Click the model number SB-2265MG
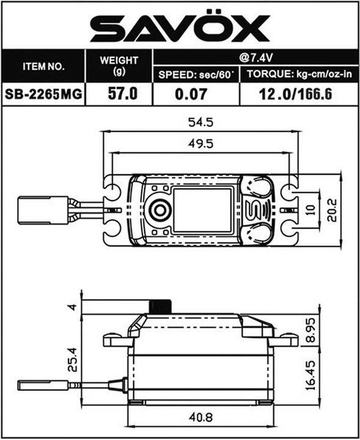point(43,95)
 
